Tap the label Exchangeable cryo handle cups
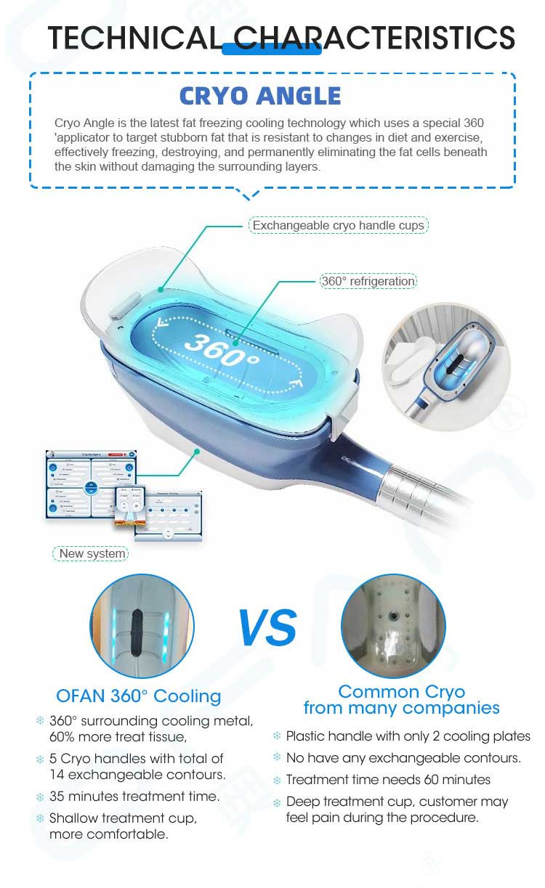[x=338, y=226]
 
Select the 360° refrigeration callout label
[x=368, y=281]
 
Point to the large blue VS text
[x=267, y=628]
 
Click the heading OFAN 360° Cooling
[x=138, y=696]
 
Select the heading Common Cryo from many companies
[x=401, y=699]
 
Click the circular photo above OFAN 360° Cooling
[x=142, y=625]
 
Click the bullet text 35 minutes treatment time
[x=134, y=796]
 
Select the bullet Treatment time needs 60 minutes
[x=388, y=780]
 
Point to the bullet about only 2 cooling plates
[x=408, y=736]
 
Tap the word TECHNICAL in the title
[x=135, y=37]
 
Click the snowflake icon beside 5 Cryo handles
[x=40, y=759]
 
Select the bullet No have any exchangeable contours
[x=403, y=758]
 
